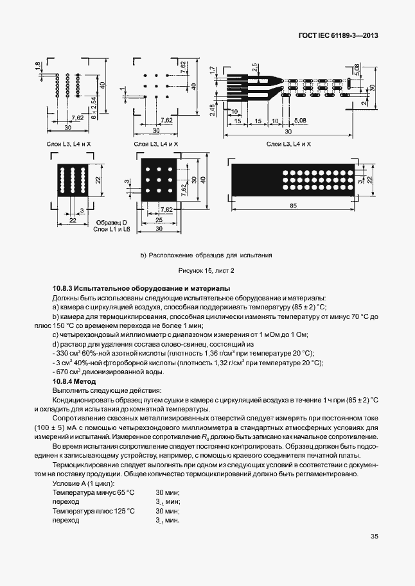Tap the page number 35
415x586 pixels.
(375, 537)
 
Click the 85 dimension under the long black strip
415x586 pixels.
(293, 206)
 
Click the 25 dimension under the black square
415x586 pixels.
(157, 220)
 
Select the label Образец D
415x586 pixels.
(106, 221)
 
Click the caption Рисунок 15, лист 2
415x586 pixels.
(207, 270)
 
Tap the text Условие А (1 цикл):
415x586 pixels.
(83, 483)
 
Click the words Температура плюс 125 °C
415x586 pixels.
(94, 511)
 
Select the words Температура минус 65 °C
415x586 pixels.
(94, 492)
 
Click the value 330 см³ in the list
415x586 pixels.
(67, 353)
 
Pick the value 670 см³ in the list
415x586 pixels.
(67, 372)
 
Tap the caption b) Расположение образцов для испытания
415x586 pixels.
(206, 255)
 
